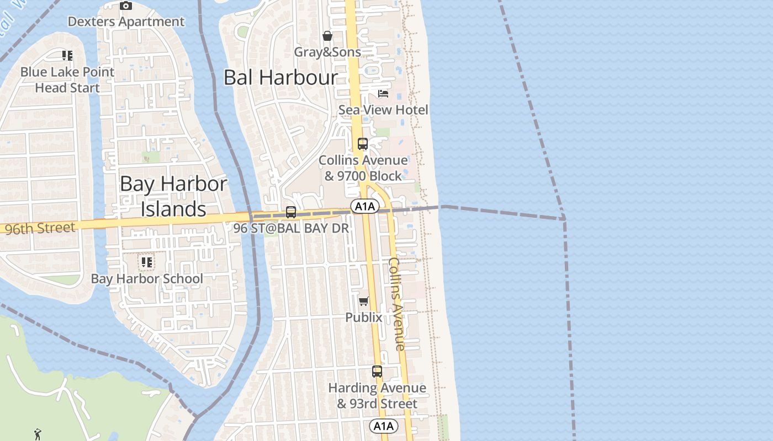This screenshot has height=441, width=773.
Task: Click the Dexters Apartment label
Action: pos(126,21)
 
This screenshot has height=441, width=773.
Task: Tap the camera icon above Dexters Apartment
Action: pos(126,6)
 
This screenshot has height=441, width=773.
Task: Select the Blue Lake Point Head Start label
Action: pos(67,80)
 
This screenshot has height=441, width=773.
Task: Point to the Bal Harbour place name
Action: pos(280,78)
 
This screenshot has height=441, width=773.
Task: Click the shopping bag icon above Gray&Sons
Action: pos(327,36)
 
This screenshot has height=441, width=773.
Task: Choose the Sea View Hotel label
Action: pos(383,110)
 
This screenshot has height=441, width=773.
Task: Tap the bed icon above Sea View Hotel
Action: pos(383,94)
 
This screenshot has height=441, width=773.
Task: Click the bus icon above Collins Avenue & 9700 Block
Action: pos(363,144)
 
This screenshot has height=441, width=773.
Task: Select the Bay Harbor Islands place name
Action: pos(173,196)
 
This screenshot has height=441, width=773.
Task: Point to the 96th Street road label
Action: pos(40,228)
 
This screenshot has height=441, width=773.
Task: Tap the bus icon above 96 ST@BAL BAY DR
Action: pos(291,212)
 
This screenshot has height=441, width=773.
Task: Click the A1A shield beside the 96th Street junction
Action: pos(365,207)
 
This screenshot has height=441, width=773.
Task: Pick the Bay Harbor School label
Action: pos(147,279)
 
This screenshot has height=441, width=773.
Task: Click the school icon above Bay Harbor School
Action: pos(146,262)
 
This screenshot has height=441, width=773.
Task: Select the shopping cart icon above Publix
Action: pos(364,301)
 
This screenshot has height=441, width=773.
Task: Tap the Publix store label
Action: pos(364,318)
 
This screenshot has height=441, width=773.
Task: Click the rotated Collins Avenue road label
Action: pos(397,304)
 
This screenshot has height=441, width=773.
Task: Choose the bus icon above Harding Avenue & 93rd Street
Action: pos(377,372)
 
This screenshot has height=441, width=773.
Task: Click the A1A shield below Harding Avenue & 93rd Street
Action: pos(383,426)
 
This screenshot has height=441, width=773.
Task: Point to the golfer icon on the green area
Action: pos(38,434)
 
